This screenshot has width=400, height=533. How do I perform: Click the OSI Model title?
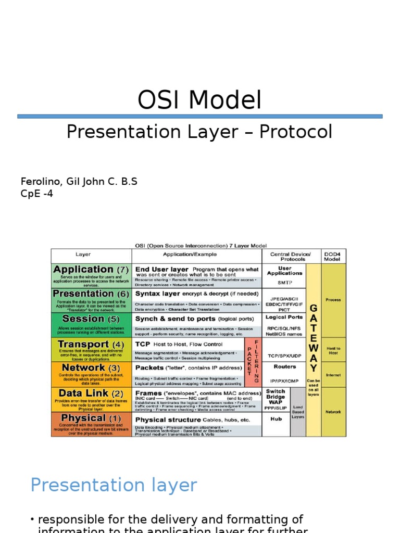pyautogui.click(x=199, y=100)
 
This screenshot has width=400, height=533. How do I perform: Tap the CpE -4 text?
pyautogui.click(x=36, y=194)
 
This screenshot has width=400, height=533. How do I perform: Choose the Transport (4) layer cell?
pyautogui.click(x=91, y=349)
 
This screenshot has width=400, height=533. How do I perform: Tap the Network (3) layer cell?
pyautogui.click(x=91, y=374)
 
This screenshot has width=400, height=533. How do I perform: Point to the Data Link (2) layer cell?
pyautogui.click(x=91, y=399)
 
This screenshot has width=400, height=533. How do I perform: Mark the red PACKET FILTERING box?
pyautogui.click(x=253, y=362)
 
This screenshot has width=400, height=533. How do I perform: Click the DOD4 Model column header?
pyautogui.click(x=333, y=256)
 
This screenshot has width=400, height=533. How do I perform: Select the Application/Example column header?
pyautogui.click(x=197, y=255)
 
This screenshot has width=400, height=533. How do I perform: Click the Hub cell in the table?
pyautogui.click(x=276, y=419)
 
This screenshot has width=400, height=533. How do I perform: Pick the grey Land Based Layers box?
pyautogui.click(x=298, y=412)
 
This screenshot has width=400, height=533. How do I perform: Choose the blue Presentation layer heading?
pyautogui.click(x=114, y=485)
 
